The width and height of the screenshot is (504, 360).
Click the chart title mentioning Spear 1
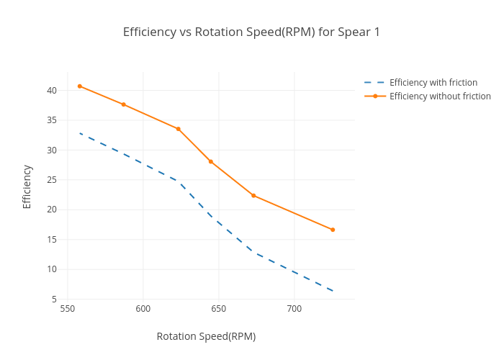pos(251,32)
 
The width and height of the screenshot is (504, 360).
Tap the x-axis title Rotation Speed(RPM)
pos(206,336)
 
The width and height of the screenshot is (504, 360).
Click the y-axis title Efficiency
pos(27,186)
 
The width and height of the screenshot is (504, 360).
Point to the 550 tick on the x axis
pos(68,309)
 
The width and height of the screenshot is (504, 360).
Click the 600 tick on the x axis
pos(143,309)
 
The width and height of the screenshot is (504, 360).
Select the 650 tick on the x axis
pos(219,309)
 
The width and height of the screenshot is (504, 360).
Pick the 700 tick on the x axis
pos(294,309)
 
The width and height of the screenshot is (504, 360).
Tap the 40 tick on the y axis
pos(52,91)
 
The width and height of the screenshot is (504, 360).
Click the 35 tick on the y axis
pos(52,120)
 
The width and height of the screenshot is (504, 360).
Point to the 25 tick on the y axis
pos(52,180)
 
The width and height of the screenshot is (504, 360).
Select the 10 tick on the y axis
pos(52,269)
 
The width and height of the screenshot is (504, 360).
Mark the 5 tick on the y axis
pos(54,299)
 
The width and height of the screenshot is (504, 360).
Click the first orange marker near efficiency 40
pos(80,86)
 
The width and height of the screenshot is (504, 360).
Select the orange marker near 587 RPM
pos(124,104)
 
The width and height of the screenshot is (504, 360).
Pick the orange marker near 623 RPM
pos(179,129)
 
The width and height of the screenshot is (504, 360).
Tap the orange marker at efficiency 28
pos(211,161)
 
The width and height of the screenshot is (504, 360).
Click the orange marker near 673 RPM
pos(253,195)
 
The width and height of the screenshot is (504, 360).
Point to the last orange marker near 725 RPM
pos(333,230)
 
